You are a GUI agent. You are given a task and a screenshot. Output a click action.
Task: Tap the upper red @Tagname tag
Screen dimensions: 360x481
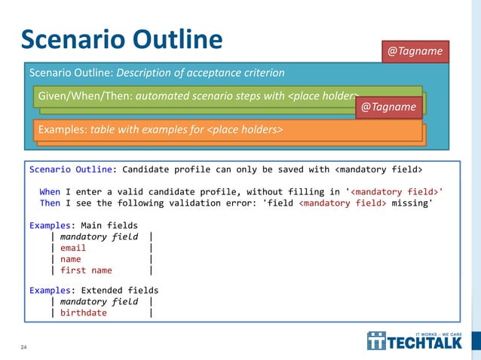click(x=415, y=51)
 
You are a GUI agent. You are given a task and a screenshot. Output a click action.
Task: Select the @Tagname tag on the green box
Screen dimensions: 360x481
click(x=388, y=107)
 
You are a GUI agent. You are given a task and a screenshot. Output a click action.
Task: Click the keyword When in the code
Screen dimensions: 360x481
click(x=50, y=191)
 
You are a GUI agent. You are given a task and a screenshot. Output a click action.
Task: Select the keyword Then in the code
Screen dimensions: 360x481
click(x=50, y=203)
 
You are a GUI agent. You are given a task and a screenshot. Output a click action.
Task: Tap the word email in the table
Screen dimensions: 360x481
click(x=73, y=248)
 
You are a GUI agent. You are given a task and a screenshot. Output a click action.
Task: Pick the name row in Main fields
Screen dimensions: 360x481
click(x=71, y=259)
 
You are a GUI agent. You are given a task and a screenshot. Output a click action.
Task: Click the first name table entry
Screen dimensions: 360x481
click(x=86, y=270)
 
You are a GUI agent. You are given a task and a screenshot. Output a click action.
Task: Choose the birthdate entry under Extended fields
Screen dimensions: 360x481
click(x=84, y=313)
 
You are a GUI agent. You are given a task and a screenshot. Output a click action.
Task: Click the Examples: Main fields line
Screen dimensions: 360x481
click(x=84, y=225)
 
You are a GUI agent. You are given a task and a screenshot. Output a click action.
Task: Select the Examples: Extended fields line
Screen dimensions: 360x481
click(x=94, y=290)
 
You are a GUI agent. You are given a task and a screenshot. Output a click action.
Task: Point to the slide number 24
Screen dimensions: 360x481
click(x=23, y=347)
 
